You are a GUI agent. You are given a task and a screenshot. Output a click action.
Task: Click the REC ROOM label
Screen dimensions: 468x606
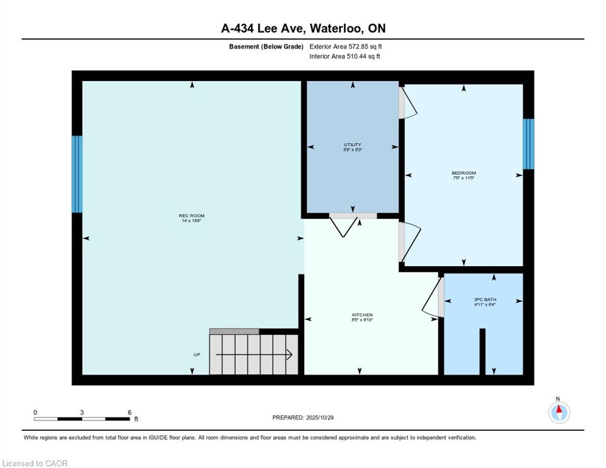tap(191, 216)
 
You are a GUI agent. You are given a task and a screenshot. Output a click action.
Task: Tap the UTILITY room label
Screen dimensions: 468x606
tap(352, 145)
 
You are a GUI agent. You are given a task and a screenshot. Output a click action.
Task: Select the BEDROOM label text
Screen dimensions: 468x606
tap(463, 173)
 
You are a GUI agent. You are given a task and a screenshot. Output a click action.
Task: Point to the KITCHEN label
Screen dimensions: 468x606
tap(362, 315)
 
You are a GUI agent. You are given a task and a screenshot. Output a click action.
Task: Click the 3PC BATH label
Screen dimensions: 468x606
tap(484, 299)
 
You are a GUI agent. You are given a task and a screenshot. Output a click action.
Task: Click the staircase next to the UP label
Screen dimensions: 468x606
tap(254, 354)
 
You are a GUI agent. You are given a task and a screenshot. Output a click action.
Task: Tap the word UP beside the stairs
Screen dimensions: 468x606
tap(197, 354)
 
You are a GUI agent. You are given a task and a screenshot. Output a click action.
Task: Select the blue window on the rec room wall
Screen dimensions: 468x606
tap(77, 174)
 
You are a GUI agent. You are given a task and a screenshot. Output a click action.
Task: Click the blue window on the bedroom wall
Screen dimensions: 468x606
tap(529, 144)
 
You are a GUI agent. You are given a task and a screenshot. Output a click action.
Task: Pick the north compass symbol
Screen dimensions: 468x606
tap(558, 412)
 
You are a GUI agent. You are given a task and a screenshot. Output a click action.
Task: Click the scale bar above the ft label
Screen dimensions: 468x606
tap(82, 419)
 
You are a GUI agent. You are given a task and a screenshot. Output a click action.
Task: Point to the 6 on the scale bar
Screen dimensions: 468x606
tap(129, 412)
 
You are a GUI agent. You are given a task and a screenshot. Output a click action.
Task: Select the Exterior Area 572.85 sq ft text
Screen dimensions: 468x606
tap(346, 46)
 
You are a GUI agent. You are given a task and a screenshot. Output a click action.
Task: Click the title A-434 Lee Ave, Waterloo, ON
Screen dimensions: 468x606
tap(303, 28)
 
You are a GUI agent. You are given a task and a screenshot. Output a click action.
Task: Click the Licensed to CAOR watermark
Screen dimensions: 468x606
tap(35, 463)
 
